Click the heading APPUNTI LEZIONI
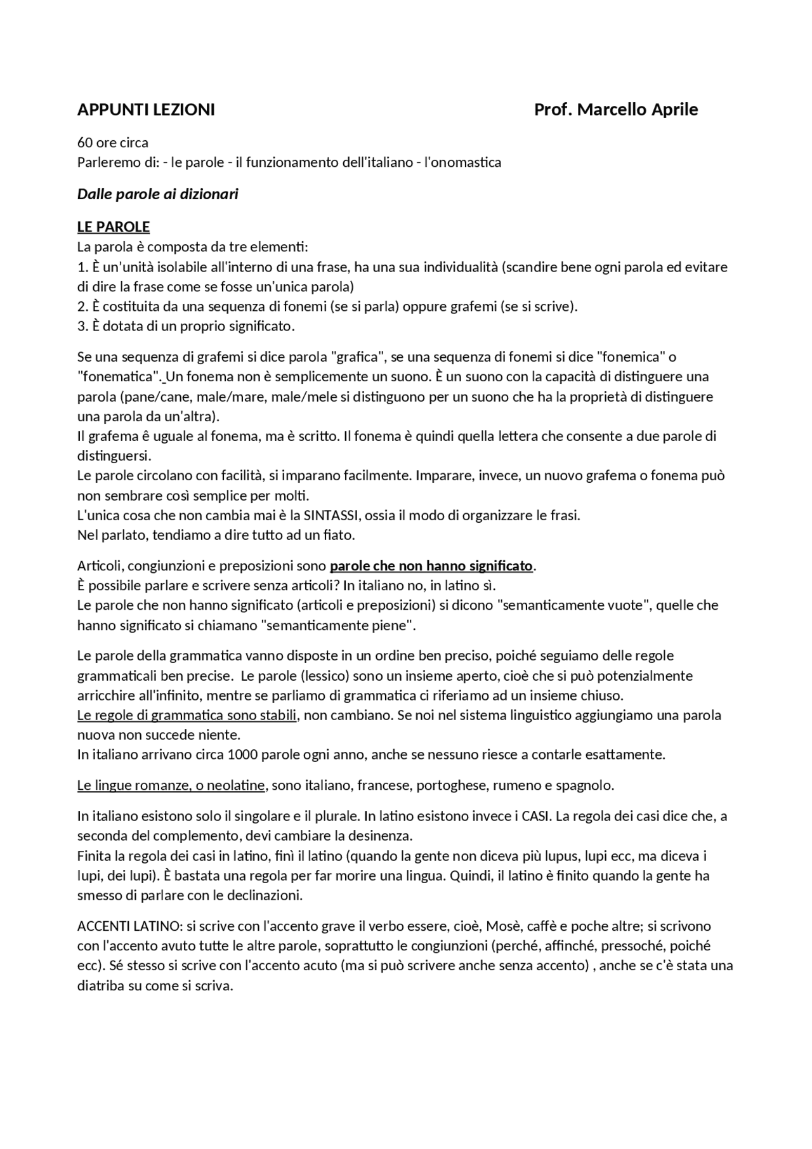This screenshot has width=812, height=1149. coord(146,110)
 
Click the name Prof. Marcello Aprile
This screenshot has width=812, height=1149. coord(615,110)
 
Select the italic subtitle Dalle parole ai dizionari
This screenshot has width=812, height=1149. coord(157,194)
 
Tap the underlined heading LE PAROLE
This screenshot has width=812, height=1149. coord(113,227)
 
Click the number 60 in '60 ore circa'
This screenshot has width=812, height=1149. coord(84,143)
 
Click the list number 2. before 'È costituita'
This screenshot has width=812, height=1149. coord(82,306)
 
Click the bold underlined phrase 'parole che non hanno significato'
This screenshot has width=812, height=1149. coord(431,566)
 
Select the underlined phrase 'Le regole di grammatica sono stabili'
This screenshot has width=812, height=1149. coord(187,716)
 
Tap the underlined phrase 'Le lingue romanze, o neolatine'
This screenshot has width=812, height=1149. coord(171,785)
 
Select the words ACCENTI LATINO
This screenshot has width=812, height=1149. coord(122,926)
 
